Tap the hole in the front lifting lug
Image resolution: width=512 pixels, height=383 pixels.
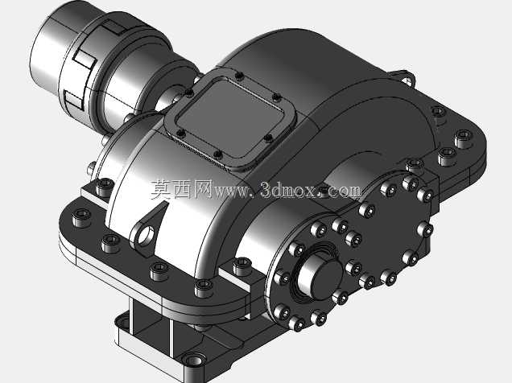146,235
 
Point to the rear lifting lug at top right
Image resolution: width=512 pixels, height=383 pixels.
404,77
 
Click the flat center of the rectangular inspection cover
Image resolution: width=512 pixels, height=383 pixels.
230,118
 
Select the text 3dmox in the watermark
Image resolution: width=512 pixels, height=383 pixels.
289,190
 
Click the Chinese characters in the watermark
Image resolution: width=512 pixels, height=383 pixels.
181,190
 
